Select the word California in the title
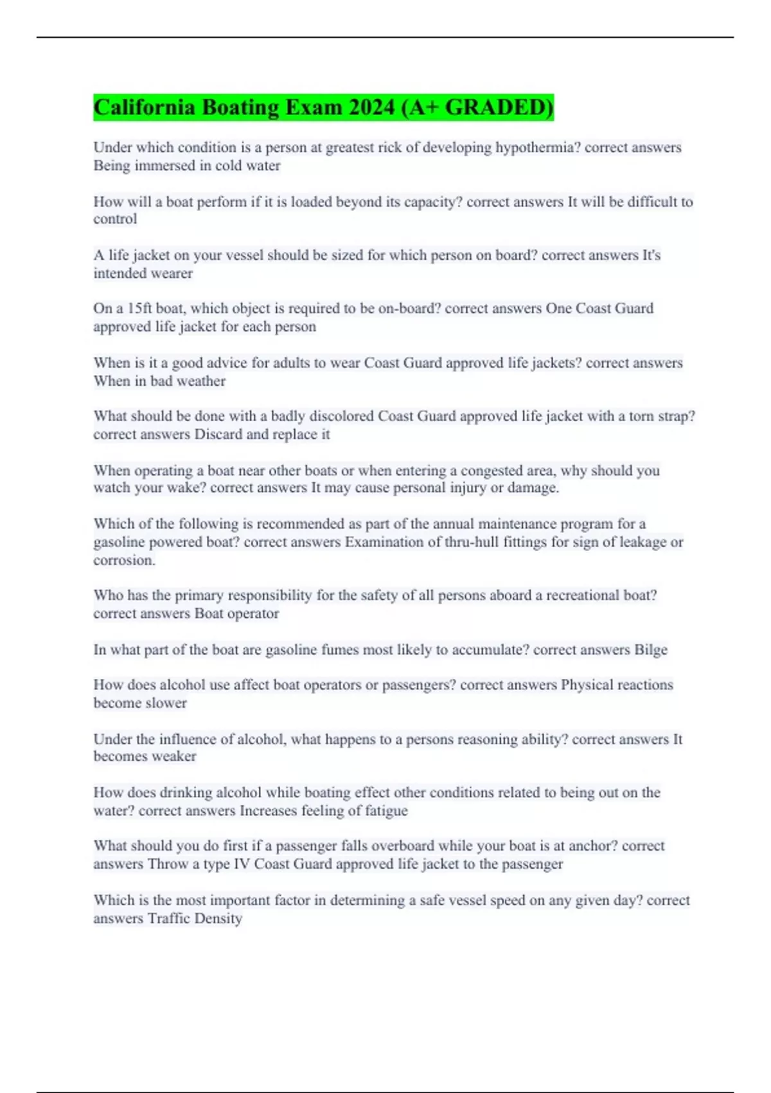coord(145,107)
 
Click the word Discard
coord(218,435)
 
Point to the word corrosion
coord(123,561)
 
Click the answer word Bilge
coord(651,650)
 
